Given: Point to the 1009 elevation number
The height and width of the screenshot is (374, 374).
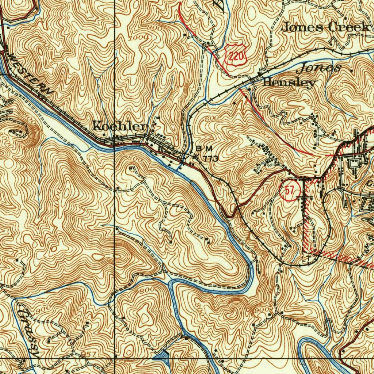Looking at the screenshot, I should tap(140, 38).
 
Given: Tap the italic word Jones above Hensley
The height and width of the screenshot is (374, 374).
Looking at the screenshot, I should tap(320, 68).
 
